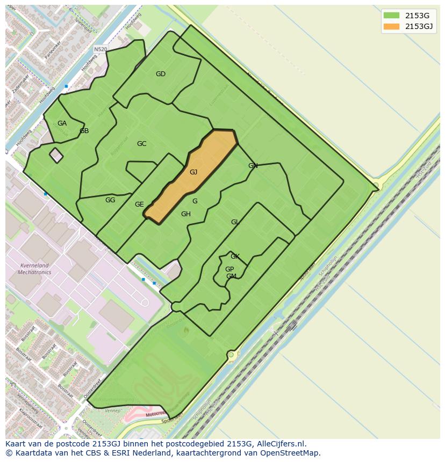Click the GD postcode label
point(160,74)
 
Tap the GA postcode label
point(62,123)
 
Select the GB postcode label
point(84,131)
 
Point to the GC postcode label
point(141,144)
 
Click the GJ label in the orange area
point(193,172)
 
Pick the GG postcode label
point(110,200)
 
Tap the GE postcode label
point(139,204)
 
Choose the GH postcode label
point(185,214)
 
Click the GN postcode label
point(253,166)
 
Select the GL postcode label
point(235,222)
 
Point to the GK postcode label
point(235,256)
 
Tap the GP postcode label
point(229,269)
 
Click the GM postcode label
point(231,276)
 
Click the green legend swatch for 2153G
point(392,15)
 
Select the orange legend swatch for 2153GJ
point(392,26)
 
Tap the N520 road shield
point(101,49)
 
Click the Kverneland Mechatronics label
point(34,269)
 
